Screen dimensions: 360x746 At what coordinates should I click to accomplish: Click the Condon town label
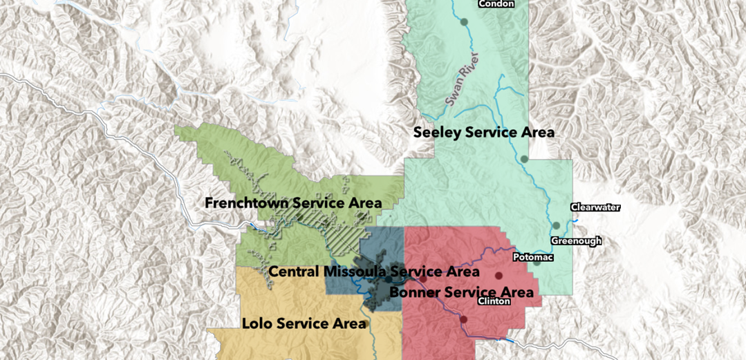(496, 3)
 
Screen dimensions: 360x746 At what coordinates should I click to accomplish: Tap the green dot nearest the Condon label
(464, 22)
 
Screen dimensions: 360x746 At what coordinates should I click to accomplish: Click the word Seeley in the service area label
(436, 133)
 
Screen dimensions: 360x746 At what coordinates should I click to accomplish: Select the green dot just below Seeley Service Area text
(524, 159)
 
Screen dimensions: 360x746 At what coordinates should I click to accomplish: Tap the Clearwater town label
(595, 207)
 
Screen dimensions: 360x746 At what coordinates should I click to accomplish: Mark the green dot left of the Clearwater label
(556, 225)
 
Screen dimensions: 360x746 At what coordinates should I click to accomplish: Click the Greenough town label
(576, 241)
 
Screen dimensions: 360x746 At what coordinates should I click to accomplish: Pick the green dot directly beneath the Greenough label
(537, 263)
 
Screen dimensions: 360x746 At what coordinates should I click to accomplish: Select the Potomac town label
(532, 257)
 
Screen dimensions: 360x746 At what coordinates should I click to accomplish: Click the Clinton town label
(494, 301)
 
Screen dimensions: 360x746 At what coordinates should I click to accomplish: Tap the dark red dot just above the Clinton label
(498, 276)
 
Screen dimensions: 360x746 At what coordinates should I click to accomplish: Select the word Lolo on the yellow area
(257, 324)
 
